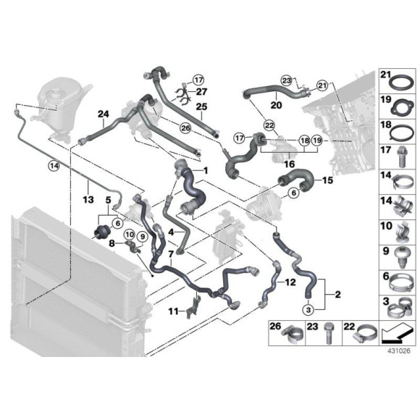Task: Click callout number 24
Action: [x=104, y=113]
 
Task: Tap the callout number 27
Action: [x=202, y=92]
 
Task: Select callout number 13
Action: [x=88, y=199]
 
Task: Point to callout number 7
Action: [x=169, y=254]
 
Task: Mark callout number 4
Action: [x=171, y=232]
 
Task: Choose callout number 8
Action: [x=112, y=245]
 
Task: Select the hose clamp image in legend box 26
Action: [x=293, y=335]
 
